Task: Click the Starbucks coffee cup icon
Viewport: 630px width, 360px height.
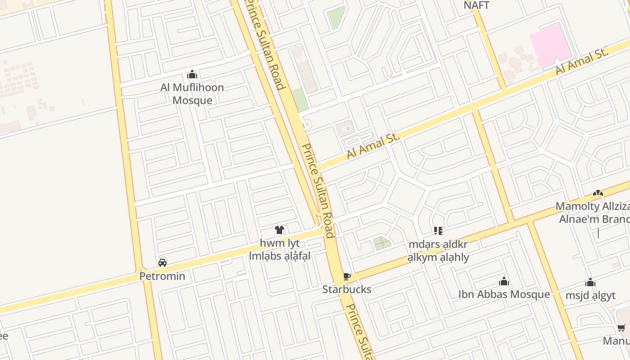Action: click(346, 276)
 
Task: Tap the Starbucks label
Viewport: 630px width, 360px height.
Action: click(346, 289)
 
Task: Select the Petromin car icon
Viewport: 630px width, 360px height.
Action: click(162, 263)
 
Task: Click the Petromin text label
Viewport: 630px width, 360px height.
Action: click(162, 276)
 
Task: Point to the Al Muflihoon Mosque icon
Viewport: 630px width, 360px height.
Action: click(192, 74)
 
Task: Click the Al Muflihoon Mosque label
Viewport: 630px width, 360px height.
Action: click(192, 94)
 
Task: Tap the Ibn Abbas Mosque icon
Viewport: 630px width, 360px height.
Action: click(504, 282)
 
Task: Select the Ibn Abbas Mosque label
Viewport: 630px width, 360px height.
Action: click(504, 294)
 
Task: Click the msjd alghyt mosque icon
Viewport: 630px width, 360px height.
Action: click(590, 283)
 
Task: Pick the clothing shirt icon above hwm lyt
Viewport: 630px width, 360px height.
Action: click(279, 230)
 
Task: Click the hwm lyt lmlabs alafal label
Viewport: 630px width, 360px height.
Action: click(279, 250)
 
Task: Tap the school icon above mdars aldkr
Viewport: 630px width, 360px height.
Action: click(438, 231)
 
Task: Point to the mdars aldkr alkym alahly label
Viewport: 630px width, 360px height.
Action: click(438, 251)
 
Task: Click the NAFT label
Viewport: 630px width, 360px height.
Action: click(476, 5)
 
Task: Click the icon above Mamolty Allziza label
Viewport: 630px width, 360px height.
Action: click(598, 193)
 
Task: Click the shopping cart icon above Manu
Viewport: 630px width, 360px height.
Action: click(621, 328)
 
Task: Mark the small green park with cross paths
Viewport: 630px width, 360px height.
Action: click(382, 243)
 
